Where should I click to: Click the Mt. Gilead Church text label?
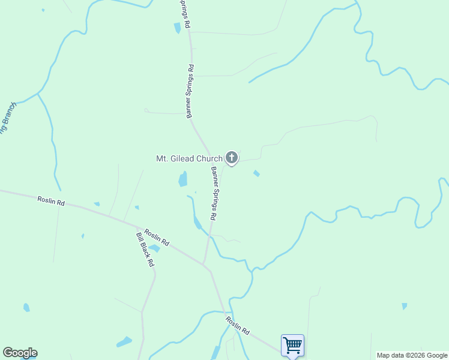tap(189, 159)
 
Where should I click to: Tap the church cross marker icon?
tap(231, 158)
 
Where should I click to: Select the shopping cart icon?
tap(292, 346)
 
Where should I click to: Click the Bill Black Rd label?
tap(145, 250)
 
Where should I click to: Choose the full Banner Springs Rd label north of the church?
tap(190, 91)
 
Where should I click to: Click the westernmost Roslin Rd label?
tap(50, 201)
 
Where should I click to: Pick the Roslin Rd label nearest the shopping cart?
tap(237, 326)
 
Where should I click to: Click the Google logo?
tap(20, 353)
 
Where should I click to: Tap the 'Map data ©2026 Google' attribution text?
tap(412, 355)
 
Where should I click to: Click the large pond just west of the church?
tap(182, 179)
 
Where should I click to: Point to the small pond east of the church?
tap(256, 173)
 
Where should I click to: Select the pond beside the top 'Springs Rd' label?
tap(177, 28)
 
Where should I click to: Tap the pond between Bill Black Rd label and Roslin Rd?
tap(154, 248)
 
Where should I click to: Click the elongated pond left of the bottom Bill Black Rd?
tap(124, 342)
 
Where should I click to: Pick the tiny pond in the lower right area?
tap(405, 306)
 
